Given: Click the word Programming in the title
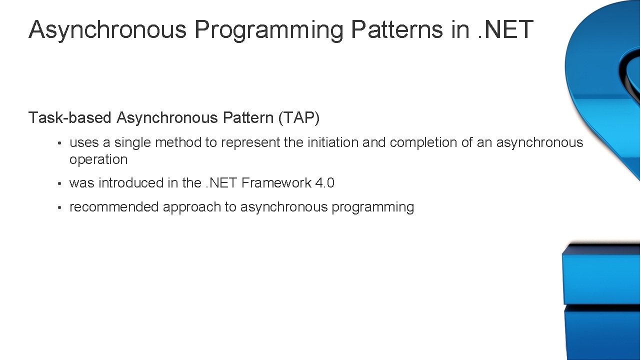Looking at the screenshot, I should point(268,30).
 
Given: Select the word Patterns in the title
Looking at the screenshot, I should point(396,29).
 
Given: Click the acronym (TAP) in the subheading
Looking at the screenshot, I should point(299,118).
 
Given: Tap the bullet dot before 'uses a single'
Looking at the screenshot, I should point(59,143).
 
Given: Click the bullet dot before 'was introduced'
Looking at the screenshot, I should point(59,184).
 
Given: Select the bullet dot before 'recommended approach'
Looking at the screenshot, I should point(59,208).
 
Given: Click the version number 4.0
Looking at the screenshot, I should point(324,183).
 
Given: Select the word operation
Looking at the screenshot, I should point(98,159).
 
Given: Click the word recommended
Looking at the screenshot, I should point(114,207).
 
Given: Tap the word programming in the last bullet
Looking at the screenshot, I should point(372,207).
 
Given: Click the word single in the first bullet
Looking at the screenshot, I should point(132,142).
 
